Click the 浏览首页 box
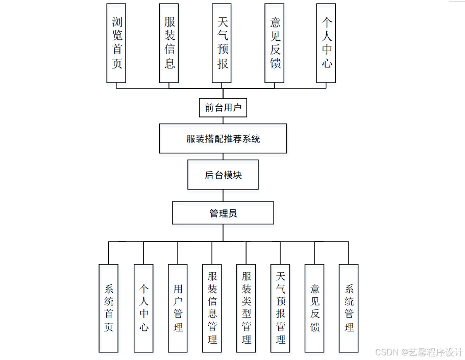116,43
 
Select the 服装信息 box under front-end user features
169,43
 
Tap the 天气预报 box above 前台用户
222,43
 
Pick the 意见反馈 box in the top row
274,43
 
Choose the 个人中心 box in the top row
326,43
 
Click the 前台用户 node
223,108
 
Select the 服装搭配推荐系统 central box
223,138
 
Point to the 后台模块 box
223,175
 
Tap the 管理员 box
223,213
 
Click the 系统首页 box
109,308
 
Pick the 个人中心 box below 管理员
143,308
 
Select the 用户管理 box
178,308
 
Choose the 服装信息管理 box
212,308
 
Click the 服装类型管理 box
246,308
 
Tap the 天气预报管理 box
280,308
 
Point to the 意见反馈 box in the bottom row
314,308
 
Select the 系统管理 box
349,308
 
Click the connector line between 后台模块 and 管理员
223,196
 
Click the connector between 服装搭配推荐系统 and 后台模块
223,157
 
